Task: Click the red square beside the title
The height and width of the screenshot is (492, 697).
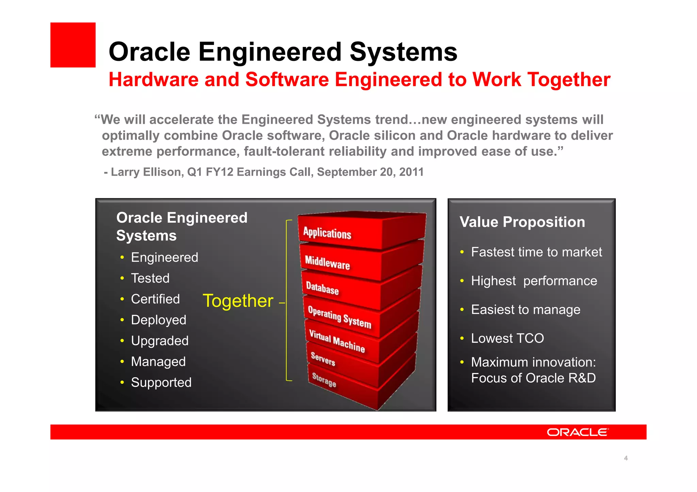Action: [73, 45]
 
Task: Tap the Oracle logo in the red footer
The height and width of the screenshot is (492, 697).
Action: [578, 432]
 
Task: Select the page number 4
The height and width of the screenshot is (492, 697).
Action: [626, 458]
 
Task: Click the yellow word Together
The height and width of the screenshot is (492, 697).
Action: [238, 301]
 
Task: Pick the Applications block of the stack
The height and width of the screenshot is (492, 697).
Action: [327, 233]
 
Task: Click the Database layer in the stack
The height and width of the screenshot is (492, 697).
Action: [322, 288]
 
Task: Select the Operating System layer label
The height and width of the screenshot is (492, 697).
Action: [339, 317]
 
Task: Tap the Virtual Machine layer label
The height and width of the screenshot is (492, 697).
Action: [337, 341]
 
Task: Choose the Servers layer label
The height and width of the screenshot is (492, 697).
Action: [323, 359]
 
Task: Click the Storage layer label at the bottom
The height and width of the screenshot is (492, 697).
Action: [324, 379]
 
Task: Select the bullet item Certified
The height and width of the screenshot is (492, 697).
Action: [155, 299]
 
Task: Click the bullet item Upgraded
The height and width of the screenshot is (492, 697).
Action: [160, 341]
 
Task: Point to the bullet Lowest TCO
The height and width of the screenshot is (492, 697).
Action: [507, 338]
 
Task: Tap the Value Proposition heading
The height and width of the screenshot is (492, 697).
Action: [522, 222]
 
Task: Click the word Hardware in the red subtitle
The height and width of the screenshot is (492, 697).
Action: [153, 80]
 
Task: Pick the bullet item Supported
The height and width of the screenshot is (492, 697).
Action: [161, 383]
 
